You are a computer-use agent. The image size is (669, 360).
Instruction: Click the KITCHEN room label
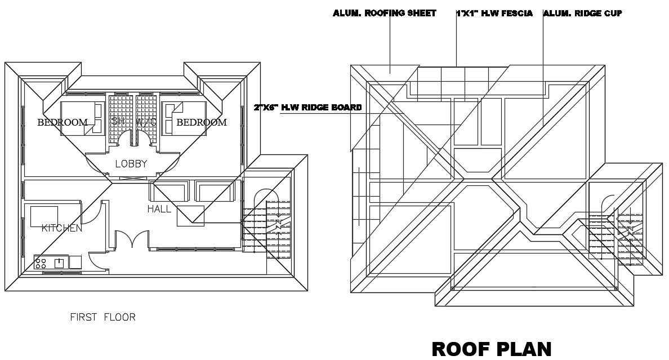point(62,228)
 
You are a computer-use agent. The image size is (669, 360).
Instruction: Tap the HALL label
point(159,209)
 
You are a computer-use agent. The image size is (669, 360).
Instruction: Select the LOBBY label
point(131,164)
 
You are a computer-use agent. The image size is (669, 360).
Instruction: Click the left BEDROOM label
point(63,122)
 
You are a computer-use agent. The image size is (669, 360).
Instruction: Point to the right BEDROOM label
point(202,122)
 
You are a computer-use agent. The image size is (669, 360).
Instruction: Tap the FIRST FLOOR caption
point(102,317)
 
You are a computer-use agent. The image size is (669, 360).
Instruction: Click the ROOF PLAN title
point(491,349)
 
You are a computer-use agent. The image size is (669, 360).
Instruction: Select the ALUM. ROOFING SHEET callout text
point(385,13)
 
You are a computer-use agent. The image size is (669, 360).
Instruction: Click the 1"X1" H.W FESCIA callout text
point(494,13)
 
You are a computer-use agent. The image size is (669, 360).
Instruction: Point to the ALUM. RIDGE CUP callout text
point(583,13)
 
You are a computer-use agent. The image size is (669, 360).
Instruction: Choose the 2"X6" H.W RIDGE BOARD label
point(307,107)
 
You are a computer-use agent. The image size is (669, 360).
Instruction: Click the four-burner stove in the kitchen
point(41,261)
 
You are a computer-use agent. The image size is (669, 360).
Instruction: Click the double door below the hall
point(131,239)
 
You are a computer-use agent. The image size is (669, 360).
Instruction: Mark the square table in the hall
point(190,216)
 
